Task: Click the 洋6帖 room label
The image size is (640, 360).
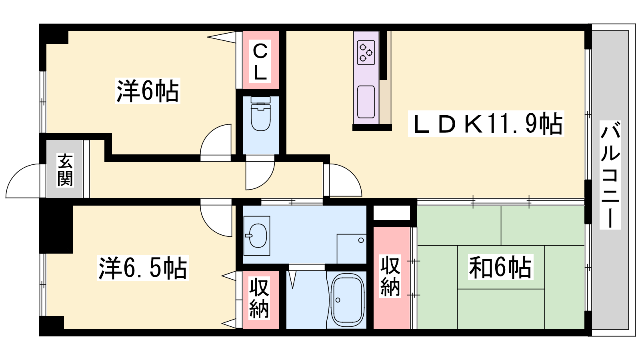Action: tap(148, 90)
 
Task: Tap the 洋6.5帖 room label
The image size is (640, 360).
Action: tap(143, 268)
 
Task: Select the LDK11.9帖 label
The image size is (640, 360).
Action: tap(486, 124)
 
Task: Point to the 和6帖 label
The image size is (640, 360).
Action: tap(500, 267)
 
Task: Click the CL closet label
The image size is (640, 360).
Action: tap(260, 62)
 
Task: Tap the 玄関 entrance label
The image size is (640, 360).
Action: tap(65, 170)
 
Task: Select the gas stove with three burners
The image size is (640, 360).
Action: tap(366, 52)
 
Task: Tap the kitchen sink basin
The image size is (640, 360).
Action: tap(366, 102)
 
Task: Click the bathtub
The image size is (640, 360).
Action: tap(348, 300)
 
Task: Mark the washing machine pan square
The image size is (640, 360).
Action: tap(352, 249)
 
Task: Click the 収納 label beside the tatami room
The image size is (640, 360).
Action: tap(390, 276)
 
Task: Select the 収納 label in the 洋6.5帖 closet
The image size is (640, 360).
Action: tap(259, 298)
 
